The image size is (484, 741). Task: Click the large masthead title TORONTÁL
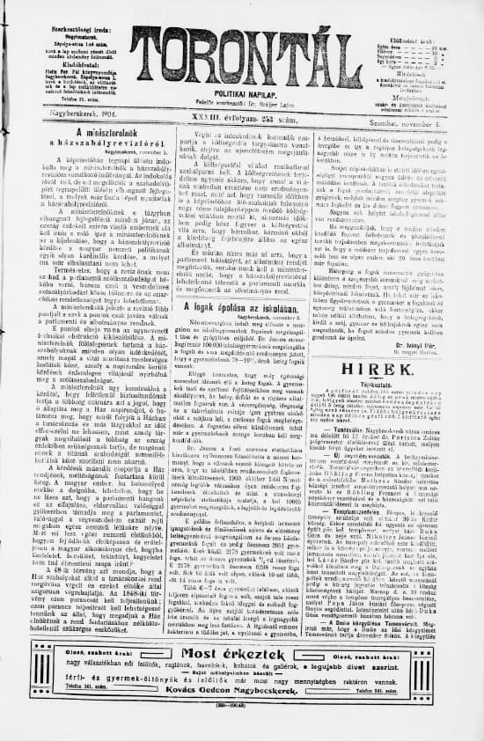[242, 50]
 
